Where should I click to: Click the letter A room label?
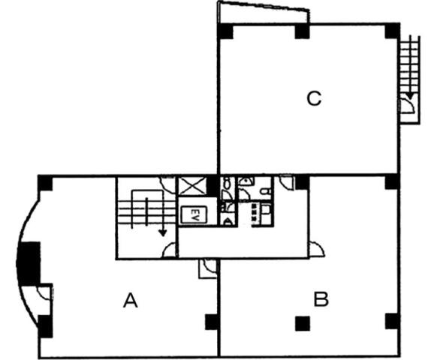(x=130, y=301)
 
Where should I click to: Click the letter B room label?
(x=321, y=299)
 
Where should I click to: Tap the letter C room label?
(x=314, y=98)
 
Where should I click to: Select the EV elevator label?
(x=194, y=214)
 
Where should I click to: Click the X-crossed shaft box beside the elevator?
(x=192, y=186)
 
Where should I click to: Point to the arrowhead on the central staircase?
(x=162, y=233)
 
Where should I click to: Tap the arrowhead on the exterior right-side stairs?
(x=410, y=97)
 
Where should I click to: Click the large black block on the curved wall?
(x=29, y=263)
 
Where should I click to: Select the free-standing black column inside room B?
(x=303, y=323)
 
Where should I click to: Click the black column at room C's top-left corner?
(x=225, y=31)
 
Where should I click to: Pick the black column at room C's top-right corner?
(x=392, y=31)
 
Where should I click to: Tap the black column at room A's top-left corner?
(x=45, y=183)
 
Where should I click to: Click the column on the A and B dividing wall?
(x=212, y=322)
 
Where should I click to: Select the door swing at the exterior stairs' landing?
(x=408, y=106)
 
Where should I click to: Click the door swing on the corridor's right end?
(x=317, y=250)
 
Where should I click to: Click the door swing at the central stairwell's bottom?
(x=169, y=250)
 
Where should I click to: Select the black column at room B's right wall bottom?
(x=392, y=321)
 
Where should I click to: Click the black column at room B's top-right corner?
(x=392, y=182)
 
